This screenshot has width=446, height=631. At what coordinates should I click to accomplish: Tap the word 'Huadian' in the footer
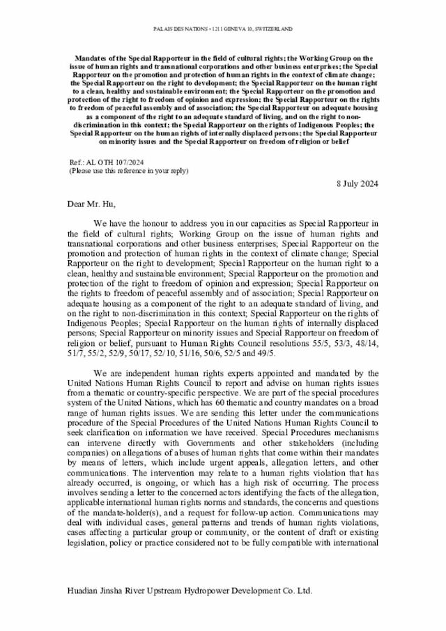pos(85,591)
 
